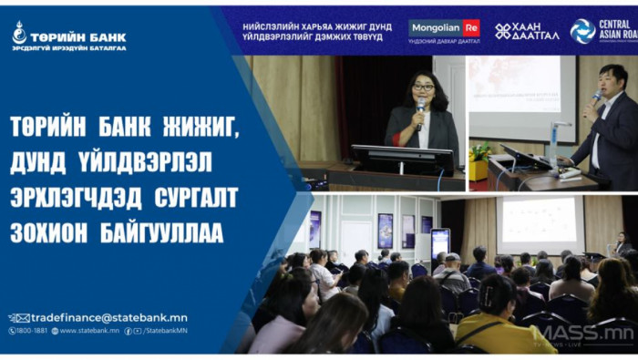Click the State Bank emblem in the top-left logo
click(x=19, y=34)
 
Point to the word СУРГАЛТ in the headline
click(x=187, y=194)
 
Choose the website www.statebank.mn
click(x=88, y=331)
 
